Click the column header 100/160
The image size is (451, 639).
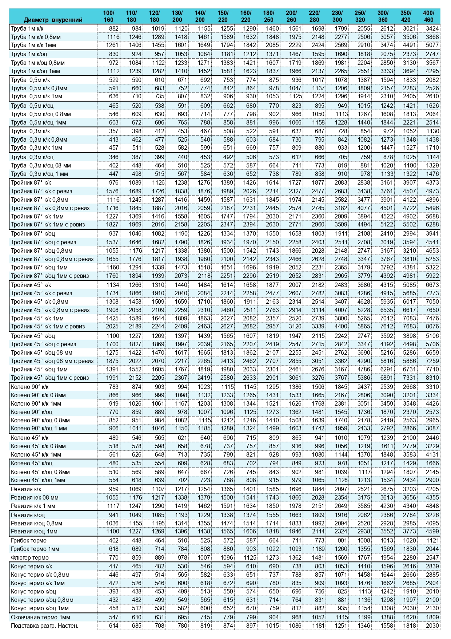click(108, 16)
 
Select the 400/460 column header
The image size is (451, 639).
click(428, 16)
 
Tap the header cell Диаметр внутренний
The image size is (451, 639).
click(53, 20)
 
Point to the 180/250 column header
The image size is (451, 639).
click(268, 16)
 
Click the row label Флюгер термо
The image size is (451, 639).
click(30, 557)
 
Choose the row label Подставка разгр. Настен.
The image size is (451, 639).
click(44, 626)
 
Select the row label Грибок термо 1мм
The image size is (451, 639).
click(35, 549)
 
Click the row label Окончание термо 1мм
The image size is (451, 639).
click(40, 617)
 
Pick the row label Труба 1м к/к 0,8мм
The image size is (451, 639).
click(36, 37)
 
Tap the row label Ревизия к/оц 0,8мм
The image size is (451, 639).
click(36, 523)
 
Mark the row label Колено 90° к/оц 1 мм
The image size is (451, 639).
click(39, 428)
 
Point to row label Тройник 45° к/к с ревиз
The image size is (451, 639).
click(41, 293)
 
